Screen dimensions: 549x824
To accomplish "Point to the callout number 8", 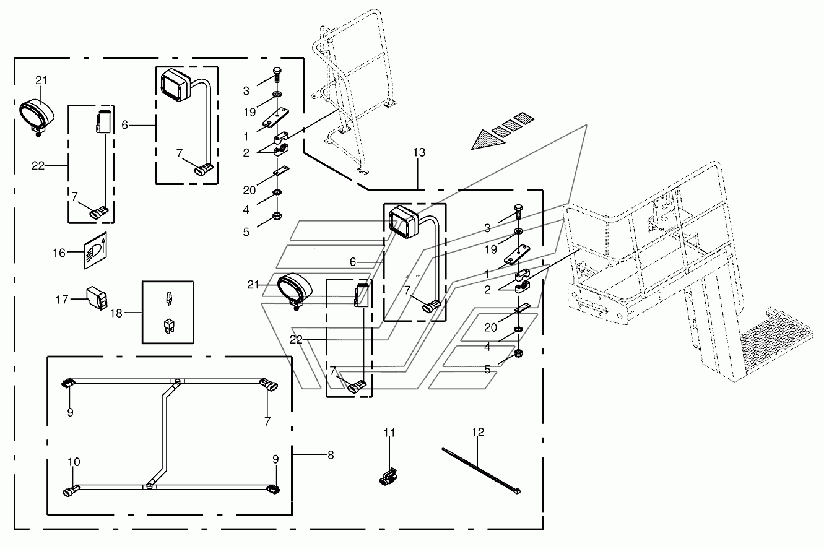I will click(x=330, y=455).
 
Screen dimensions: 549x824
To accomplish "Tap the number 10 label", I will click(x=74, y=462).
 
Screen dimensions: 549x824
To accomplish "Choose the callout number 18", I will click(x=117, y=314).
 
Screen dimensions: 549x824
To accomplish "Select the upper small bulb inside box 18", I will click(x=168, y=300).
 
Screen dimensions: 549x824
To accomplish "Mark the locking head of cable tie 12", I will click(x=517, y=491).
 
